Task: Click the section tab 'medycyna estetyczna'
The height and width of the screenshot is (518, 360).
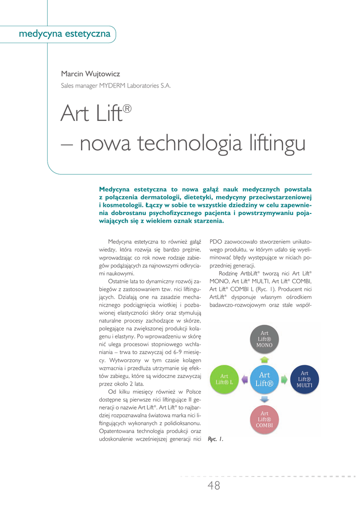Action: point(64,34)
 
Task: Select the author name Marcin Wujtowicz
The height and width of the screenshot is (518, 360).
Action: point(90,74)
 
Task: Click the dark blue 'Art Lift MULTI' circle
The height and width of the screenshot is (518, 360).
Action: point(304,379)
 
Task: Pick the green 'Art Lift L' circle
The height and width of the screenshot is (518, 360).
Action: point(224,379)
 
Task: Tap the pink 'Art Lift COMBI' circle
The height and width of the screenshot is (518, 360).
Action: point(264,419)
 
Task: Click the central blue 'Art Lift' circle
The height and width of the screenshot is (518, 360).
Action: point(264,379)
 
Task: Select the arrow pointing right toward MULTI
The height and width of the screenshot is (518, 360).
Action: point(285,379)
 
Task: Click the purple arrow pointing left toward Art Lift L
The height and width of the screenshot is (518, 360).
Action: point(244,379)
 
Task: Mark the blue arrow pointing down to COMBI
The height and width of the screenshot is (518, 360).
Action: point(264,399)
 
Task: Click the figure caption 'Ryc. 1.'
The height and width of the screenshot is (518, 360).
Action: point(216,439)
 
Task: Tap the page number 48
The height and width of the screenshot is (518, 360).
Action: point(214,486)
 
